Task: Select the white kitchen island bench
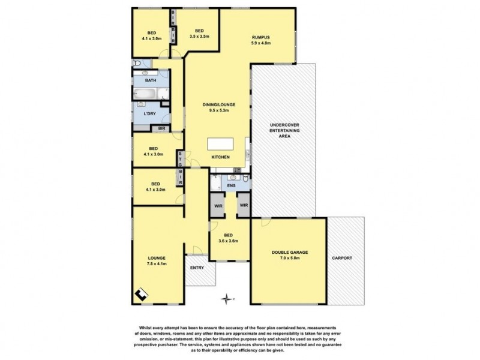pyautogui.click(x=220, y=145)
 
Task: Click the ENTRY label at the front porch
pyautogui.click(x=197, y=268)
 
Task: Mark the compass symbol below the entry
pyautogui.click(x=226, y=298)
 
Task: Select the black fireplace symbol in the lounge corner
pyautogui.click(x=140, y=294)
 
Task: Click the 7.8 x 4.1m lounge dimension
pyautogui.click(x=155, y=263)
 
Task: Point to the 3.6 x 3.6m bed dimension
pyautogui.click(x=228, y=241)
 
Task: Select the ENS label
pyautogui.click(x=232, y=186)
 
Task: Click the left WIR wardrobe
pyautogui.click(x=217, y=205)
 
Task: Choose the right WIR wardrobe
pyautogui.click(x=244, y=205)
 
